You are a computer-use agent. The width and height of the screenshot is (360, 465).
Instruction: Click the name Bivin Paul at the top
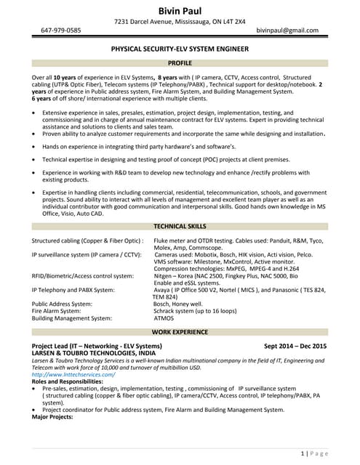point(180,9)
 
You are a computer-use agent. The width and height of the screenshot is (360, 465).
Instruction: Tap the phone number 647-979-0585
point(61,31)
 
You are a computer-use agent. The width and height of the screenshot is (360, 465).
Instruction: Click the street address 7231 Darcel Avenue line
point(180,21)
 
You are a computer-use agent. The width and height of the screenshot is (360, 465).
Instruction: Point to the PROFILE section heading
point(180,63)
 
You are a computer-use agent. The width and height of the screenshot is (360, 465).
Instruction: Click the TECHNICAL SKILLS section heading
point(180,226)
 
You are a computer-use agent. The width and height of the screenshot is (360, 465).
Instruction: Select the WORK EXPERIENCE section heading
point(180,331)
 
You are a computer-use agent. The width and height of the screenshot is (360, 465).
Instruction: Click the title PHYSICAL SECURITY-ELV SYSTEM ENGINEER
point(180,49)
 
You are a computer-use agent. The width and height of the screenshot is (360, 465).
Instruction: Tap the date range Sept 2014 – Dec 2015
point(295,346)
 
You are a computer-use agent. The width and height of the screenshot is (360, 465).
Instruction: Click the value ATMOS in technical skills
point(164,318)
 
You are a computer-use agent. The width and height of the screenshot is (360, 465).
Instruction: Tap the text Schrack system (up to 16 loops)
point(193,310)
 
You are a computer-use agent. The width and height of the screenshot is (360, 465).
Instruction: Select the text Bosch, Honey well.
point(177,303)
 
